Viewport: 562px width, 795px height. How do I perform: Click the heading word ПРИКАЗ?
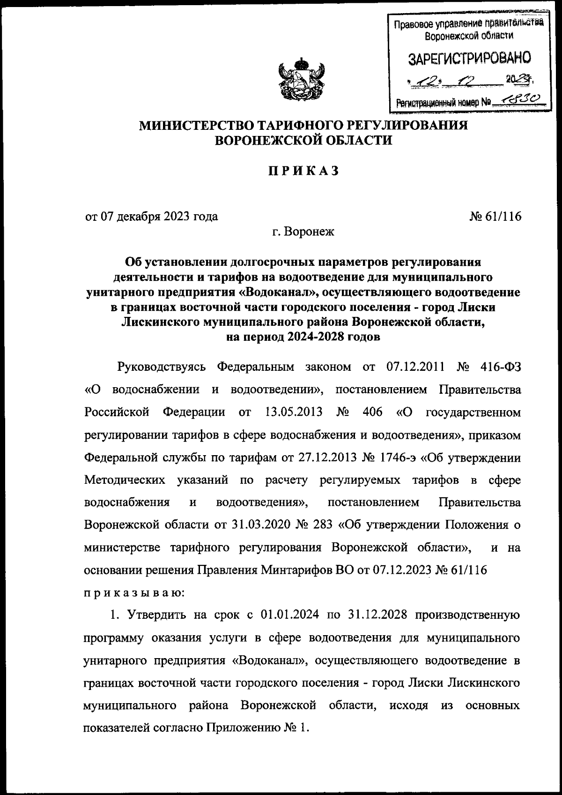(x=303, y=172)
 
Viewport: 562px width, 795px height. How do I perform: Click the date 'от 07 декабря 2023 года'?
(x=151, y=217)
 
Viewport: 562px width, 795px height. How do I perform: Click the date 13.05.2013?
(x=293, y=412)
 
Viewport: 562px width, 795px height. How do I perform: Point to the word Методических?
(x=124, y=480)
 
